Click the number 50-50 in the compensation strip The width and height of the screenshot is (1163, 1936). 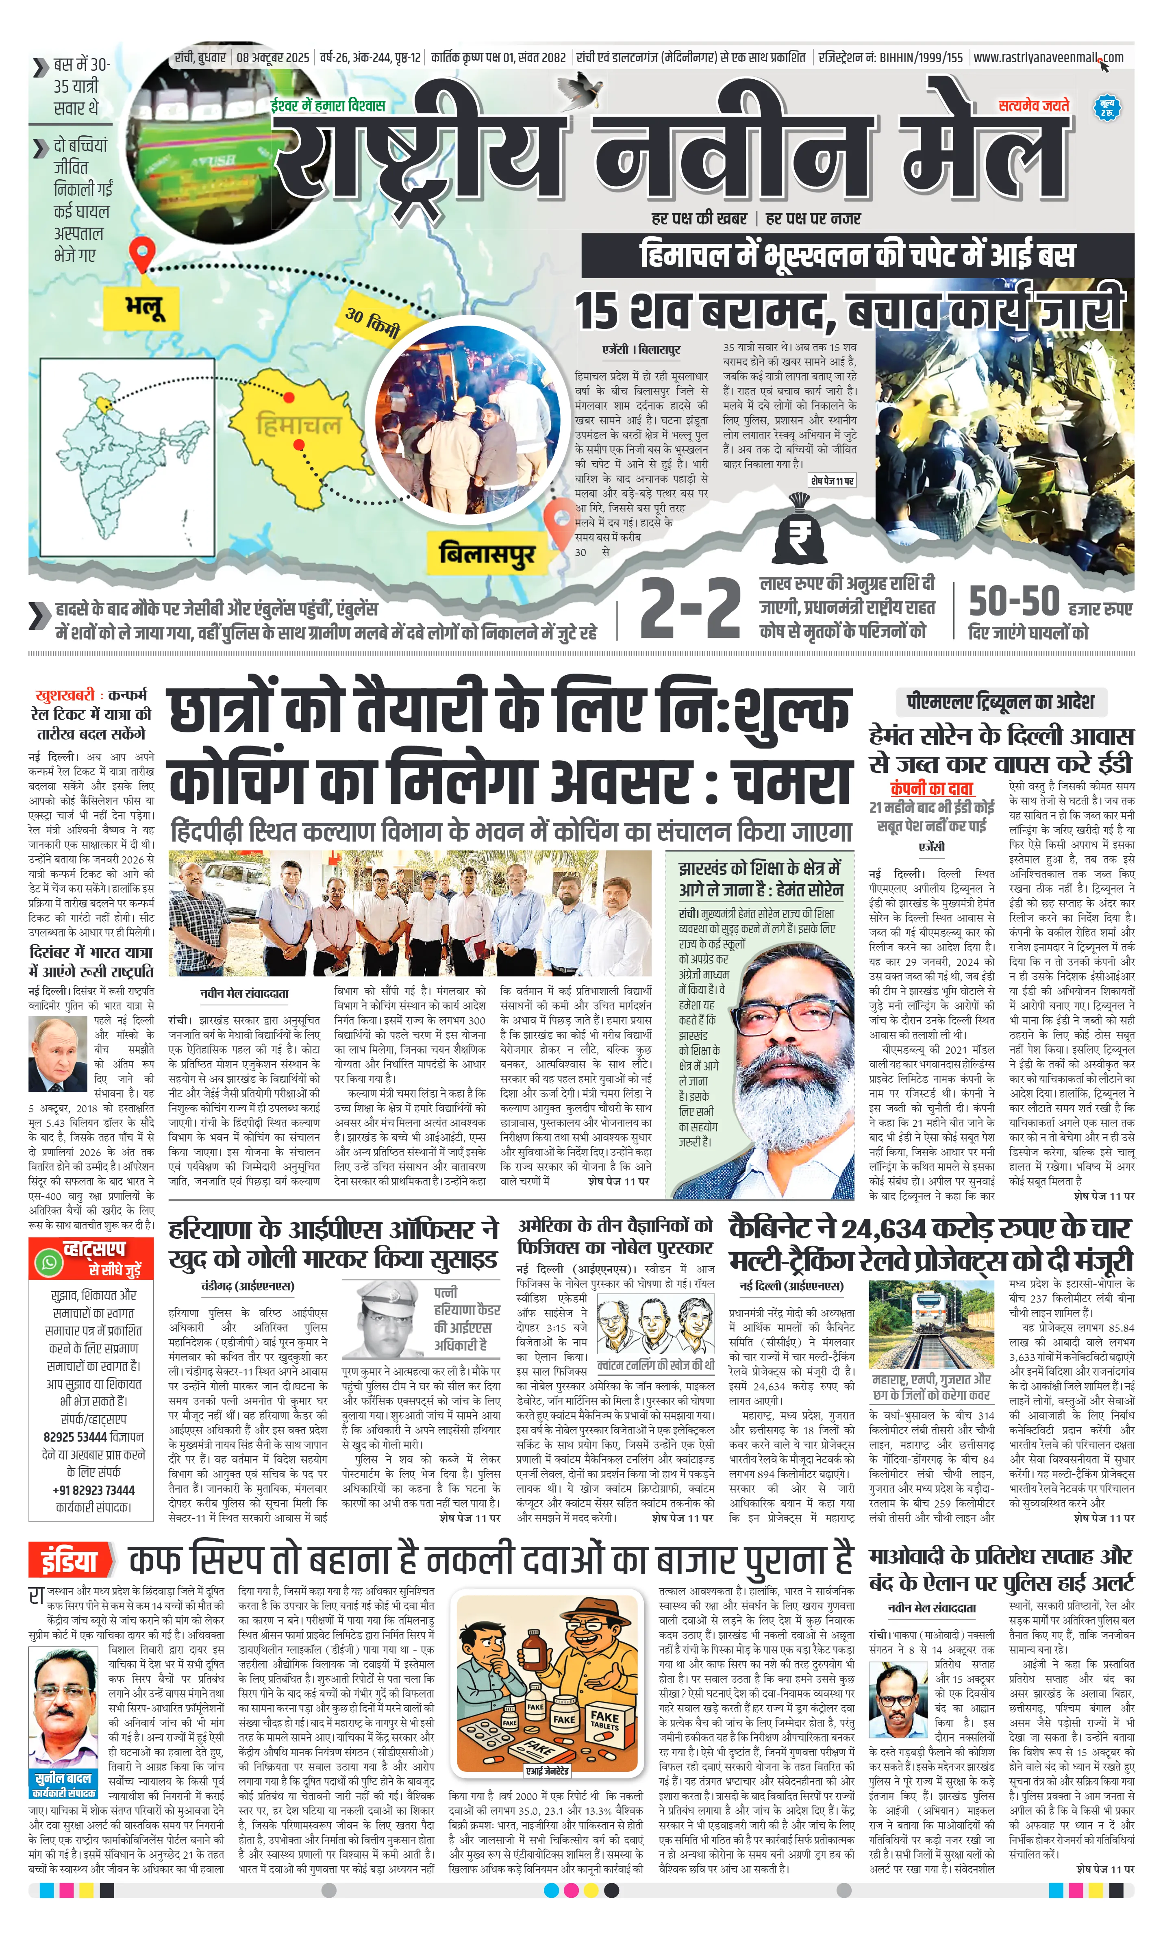tap(1014, 602)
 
